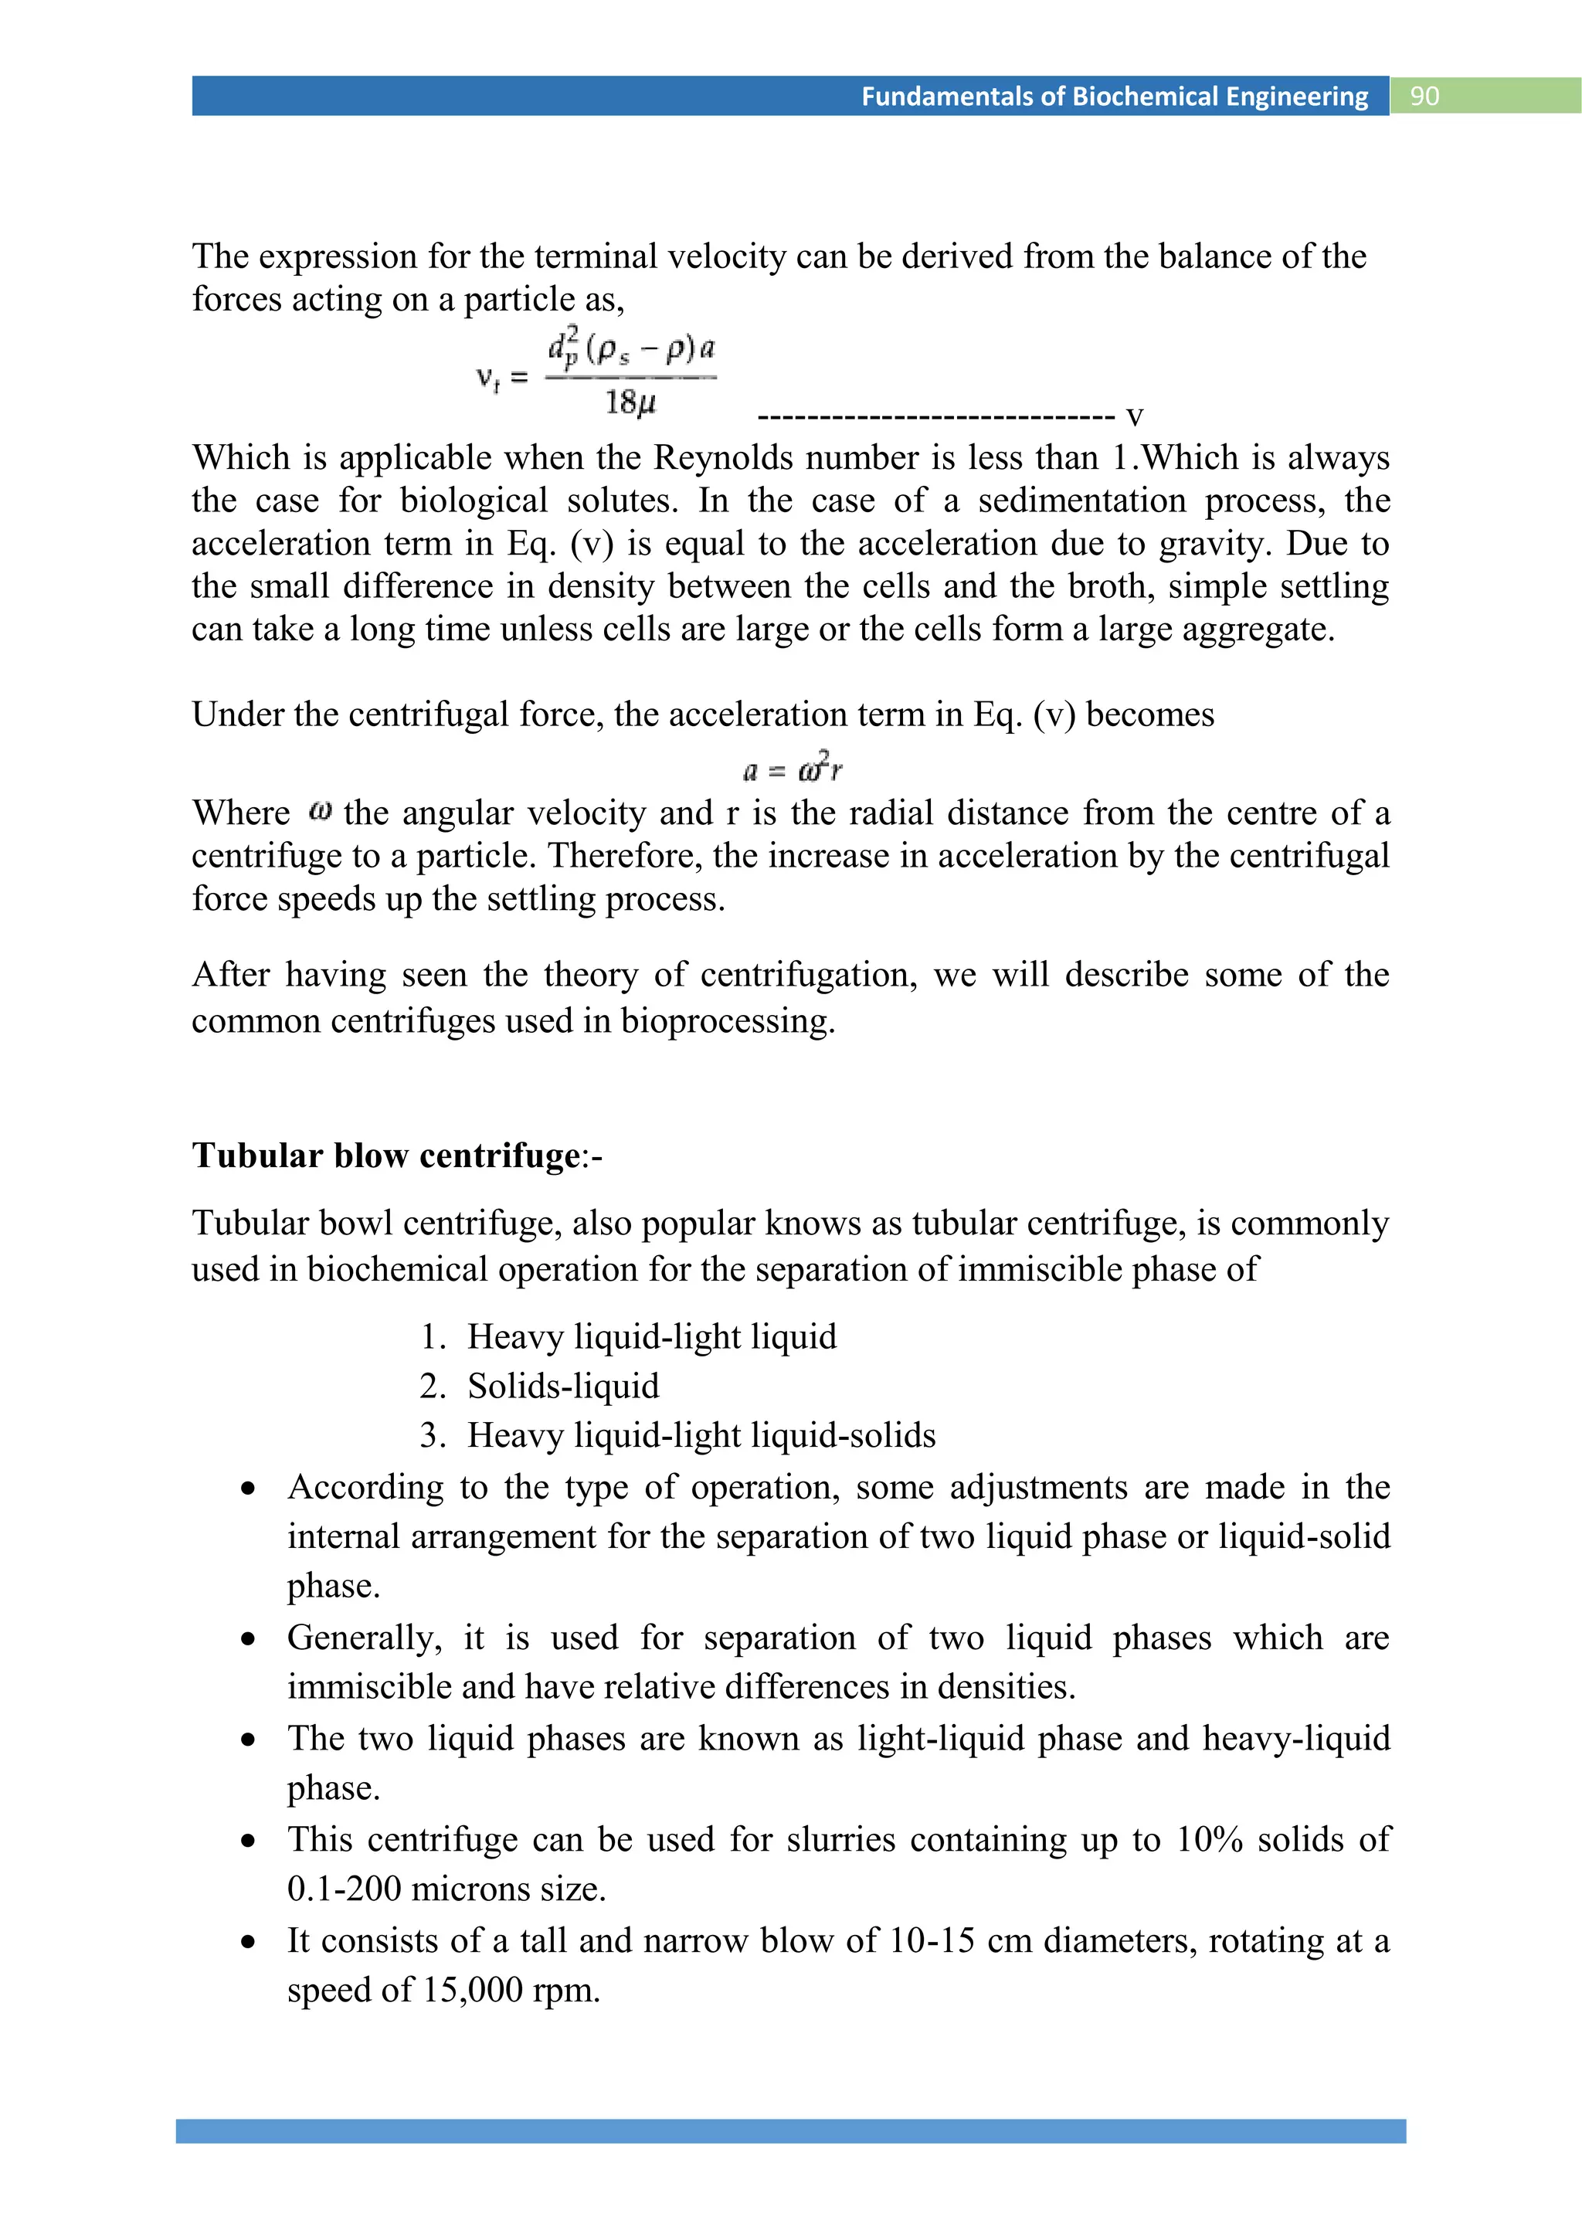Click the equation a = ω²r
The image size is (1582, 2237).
click(x=792, y=769)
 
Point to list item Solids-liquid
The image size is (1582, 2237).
click(x=563, y=1386)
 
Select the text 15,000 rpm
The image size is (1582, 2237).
click(x=511, y=1990)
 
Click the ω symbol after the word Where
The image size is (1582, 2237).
click(x=321, y=810)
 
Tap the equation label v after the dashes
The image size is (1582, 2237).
click(x=1134, y=417)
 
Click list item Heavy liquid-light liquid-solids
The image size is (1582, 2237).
click(x=701, y=1435)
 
